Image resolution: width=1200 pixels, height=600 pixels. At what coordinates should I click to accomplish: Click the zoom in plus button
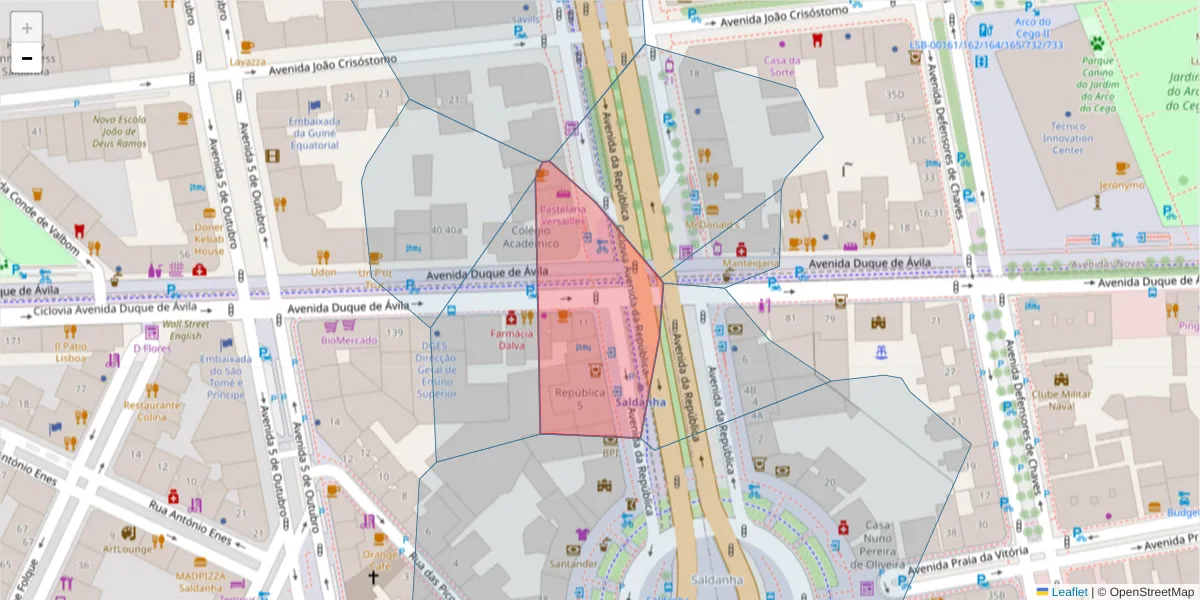26,28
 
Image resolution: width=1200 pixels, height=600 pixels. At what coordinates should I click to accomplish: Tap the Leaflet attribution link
1069,592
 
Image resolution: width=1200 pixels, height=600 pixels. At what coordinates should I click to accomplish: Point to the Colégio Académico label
530,236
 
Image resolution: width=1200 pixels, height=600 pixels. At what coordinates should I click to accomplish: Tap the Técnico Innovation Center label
1067,138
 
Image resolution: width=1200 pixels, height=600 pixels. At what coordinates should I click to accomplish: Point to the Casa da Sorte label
779,65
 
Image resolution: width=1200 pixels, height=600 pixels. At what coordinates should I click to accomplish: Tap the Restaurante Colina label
152,411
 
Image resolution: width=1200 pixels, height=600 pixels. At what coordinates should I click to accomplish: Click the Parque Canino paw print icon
1097,43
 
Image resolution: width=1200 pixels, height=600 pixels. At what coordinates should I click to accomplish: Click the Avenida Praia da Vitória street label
1000,565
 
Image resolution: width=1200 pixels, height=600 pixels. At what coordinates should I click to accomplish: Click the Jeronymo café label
1121,184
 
